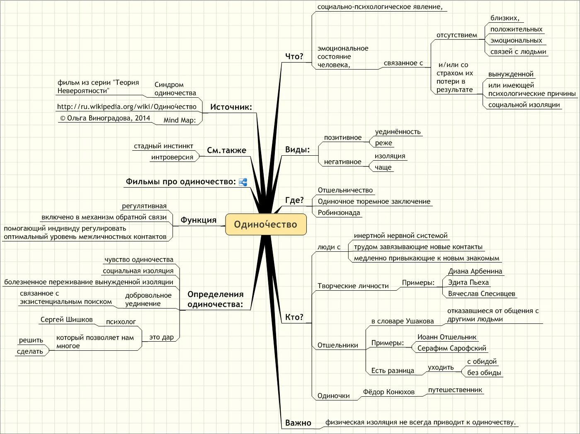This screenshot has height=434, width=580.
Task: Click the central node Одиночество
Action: (266, 224)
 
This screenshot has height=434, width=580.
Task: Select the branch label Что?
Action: (294, 56)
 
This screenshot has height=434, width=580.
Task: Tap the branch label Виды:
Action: (297, 149)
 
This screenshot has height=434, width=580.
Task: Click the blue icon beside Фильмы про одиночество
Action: (243, 182)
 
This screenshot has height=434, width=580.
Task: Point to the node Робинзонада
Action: (339, 213)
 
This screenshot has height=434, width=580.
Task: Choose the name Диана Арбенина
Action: (475, 271)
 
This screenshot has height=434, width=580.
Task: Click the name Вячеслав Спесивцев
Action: (481, 294)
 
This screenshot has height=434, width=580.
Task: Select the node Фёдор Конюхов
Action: (388, 392)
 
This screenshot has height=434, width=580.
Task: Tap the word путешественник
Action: (455, 390)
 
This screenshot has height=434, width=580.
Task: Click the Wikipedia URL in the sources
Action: (126, 107)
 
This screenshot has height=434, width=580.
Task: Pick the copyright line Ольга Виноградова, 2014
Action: (105, 118)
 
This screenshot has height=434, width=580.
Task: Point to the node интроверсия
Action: (172, 157)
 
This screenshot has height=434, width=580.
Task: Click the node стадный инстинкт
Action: (163, 146)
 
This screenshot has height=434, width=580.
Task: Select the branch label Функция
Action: (198, 220)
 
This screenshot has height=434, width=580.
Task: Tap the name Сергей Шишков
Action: (66, 320)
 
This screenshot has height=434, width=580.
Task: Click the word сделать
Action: (30, 352)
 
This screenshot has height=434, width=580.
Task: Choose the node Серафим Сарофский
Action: (451, 348)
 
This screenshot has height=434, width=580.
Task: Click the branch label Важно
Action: (298, 423)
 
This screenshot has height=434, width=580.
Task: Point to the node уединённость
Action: (398, 132)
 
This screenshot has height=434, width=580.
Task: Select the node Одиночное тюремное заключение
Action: (374, 202)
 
